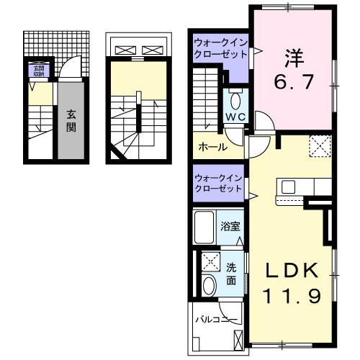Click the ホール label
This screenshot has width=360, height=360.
pos(213,147)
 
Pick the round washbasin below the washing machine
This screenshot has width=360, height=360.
pos(210,285)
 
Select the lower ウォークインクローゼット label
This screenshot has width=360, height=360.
pos(219,183)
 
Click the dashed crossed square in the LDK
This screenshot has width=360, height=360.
pos(320,146)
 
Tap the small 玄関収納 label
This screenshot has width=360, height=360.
pos(37,71)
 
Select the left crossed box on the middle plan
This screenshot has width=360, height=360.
pos(125,50)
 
